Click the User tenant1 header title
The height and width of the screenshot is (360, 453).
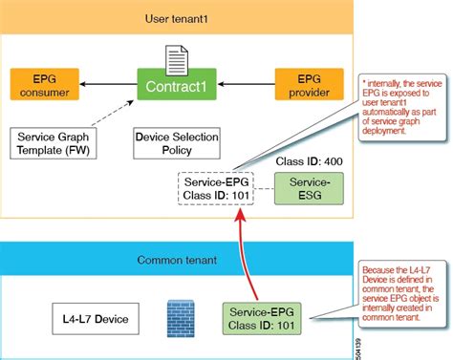tap(177, 16)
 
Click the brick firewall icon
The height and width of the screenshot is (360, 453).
tap(179, 316)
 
